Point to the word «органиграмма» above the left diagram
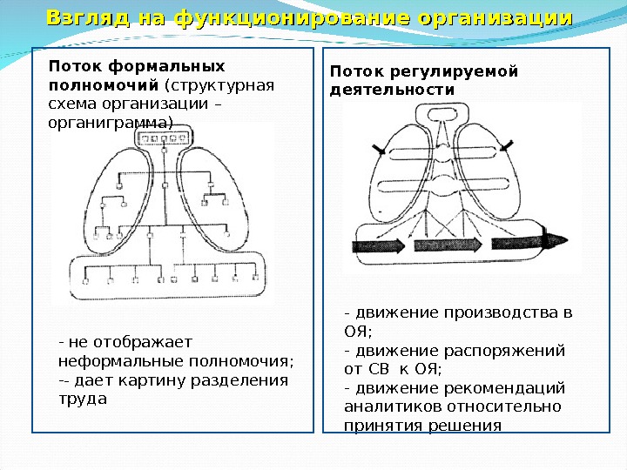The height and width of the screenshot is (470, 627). pyautogui.click(x=110, y=123)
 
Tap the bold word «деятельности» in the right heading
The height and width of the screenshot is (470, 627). pyautogui.click(x=392, y=90)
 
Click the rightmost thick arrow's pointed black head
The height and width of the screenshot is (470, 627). pyautogui.click(x=557, y=241)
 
